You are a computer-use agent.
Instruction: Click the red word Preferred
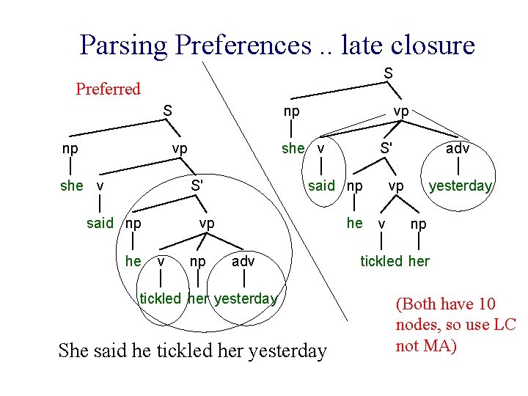click(108, 89)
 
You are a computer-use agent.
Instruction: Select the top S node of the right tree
click(388, 73)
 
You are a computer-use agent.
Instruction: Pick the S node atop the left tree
click(168, 111)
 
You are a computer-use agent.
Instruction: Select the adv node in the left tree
click(243, 260)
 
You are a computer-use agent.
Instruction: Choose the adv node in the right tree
click(458, 148)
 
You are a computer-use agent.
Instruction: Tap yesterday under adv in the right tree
click(461, 186)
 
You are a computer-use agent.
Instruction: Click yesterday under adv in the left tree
click(246, 298)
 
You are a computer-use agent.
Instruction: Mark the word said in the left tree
click(100, 223)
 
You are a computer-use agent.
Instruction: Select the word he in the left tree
click(133, 260)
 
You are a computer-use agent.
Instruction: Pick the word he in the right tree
click(355, 222)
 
